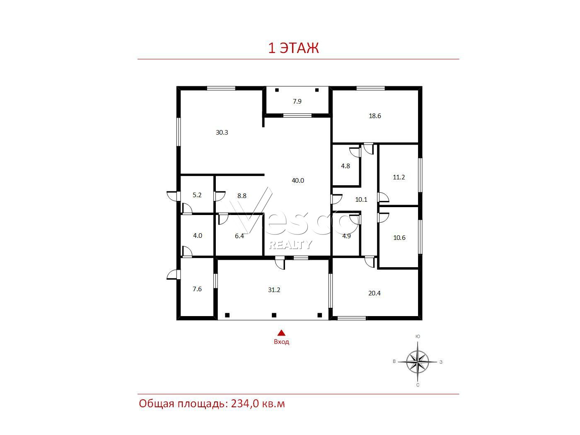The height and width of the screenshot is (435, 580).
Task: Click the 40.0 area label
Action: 297,180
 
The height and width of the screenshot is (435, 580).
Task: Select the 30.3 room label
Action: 222,132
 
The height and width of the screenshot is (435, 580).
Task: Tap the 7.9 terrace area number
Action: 297,101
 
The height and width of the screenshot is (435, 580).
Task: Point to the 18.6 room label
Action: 375,116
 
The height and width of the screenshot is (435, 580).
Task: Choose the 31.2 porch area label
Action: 274,290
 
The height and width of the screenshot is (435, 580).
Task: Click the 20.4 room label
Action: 374,293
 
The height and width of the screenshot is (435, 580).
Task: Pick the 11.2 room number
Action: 399,177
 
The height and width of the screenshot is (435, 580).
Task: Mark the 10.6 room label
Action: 399,237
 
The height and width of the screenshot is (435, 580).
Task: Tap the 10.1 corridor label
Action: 361,199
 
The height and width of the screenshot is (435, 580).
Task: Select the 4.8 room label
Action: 346,166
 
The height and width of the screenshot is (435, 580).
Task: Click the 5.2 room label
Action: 197,195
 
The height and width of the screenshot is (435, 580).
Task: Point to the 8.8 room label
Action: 242,196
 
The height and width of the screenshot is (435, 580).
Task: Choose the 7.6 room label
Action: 197,289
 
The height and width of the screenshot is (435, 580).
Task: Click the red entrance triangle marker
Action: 281,333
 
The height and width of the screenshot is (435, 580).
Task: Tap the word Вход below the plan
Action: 281,342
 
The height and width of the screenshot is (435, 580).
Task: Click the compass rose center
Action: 418,362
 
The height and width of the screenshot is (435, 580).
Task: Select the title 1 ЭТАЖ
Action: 293,48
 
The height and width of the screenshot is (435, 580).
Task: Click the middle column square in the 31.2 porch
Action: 274,315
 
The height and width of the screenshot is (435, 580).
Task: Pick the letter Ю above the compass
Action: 418,336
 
